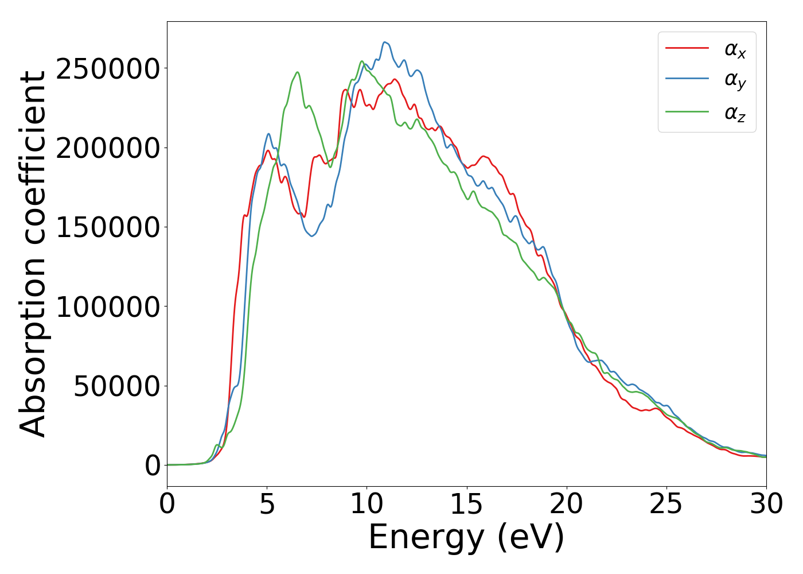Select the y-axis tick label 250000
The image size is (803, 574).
coord(108,69)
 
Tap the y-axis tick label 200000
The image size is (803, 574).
coord(108,148)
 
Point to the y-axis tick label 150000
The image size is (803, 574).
coord(108,227)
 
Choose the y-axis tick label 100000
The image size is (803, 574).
coord(108,307)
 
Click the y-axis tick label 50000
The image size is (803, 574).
coord(116,386)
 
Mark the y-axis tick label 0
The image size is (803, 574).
coord(153,466)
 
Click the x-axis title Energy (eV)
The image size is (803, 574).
coord(466,538)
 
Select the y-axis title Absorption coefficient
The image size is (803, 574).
coord(33,254)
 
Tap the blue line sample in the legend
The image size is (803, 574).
coord(687,80)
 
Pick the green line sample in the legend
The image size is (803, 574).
coord(687,111)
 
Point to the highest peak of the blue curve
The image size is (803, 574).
coord(385,42)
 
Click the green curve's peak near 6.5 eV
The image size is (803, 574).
coord(297,72)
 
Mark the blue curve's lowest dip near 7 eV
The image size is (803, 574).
coord(312,236)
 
